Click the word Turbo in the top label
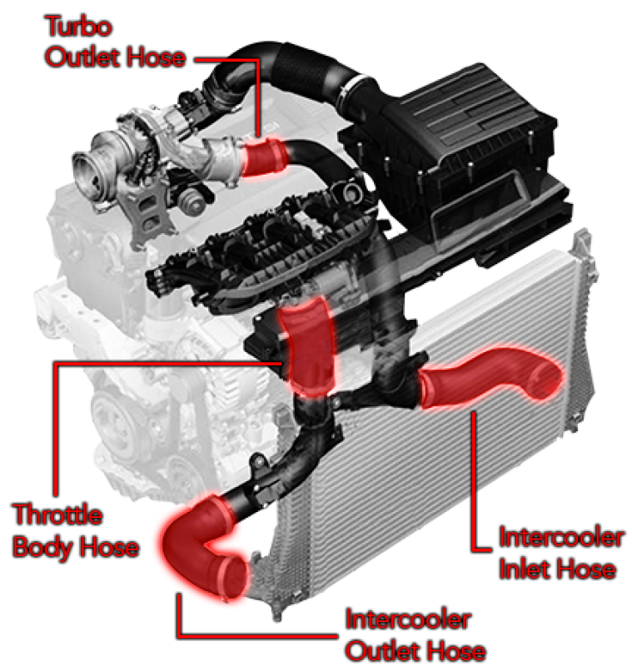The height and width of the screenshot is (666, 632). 78,26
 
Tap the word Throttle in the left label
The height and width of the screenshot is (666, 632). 57,514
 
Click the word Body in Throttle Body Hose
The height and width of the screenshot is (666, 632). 42,548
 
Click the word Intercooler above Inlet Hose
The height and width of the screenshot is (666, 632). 561,537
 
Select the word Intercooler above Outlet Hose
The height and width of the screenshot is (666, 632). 408,619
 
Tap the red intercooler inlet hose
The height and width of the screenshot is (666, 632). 489,376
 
